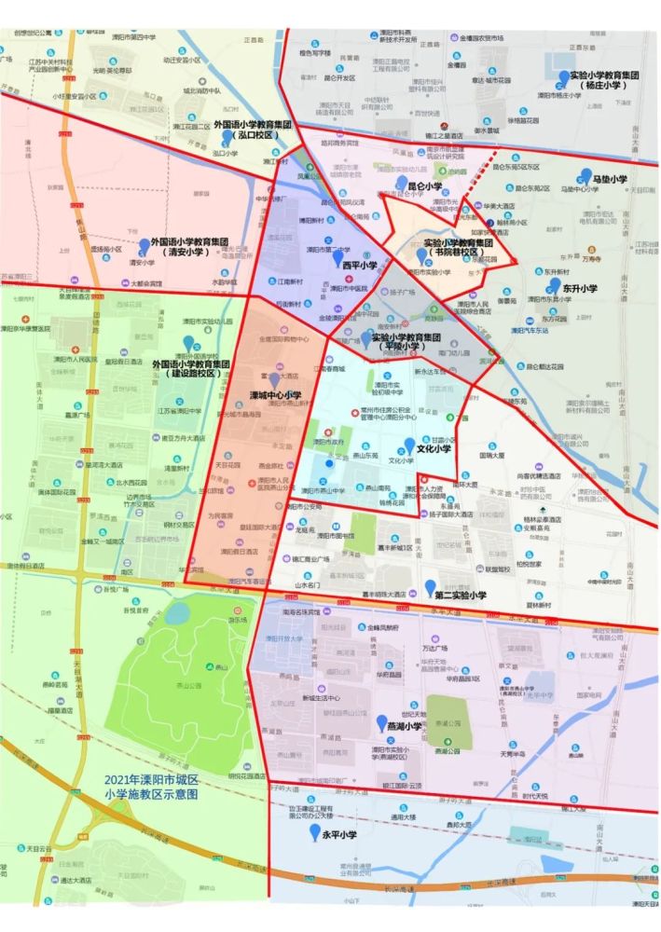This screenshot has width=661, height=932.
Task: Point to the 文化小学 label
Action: pos(434,448)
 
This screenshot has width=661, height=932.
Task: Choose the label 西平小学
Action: pos(359,265)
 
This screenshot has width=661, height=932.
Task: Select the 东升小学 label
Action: pos(578,289)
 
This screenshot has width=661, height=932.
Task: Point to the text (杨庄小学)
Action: pos(606,86)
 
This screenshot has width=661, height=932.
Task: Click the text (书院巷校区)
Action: pos(452,253)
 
